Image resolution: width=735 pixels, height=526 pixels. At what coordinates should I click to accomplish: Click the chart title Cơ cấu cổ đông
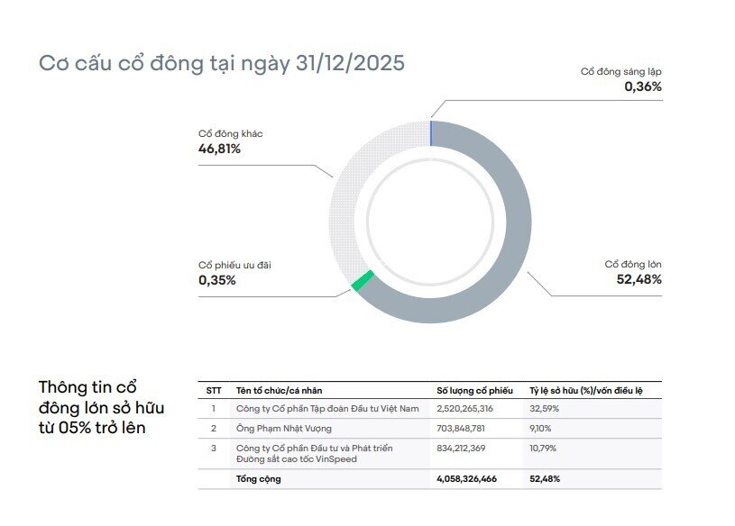222,64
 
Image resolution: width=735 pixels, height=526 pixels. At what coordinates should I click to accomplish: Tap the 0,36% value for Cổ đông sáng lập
643,87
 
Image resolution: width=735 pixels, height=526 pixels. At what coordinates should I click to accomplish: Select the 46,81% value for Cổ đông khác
219,149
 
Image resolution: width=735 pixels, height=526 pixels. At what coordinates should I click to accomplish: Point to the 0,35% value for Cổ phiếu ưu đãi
217,280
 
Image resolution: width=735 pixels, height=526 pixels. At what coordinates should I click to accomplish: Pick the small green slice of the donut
363,281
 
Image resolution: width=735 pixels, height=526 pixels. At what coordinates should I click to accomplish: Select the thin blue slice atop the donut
431,132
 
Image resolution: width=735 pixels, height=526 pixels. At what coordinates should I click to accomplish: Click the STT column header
214,391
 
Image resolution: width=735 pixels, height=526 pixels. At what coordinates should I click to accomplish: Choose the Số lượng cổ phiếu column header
474,391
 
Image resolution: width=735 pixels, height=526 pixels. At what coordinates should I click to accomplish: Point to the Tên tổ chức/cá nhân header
279,391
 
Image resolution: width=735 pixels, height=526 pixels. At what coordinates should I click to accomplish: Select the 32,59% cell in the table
545,409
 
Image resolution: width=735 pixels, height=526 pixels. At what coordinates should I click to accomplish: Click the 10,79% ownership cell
544,448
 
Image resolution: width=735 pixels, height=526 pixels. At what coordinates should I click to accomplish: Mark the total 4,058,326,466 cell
466,479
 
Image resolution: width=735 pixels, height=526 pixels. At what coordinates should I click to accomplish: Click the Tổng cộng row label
258,479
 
